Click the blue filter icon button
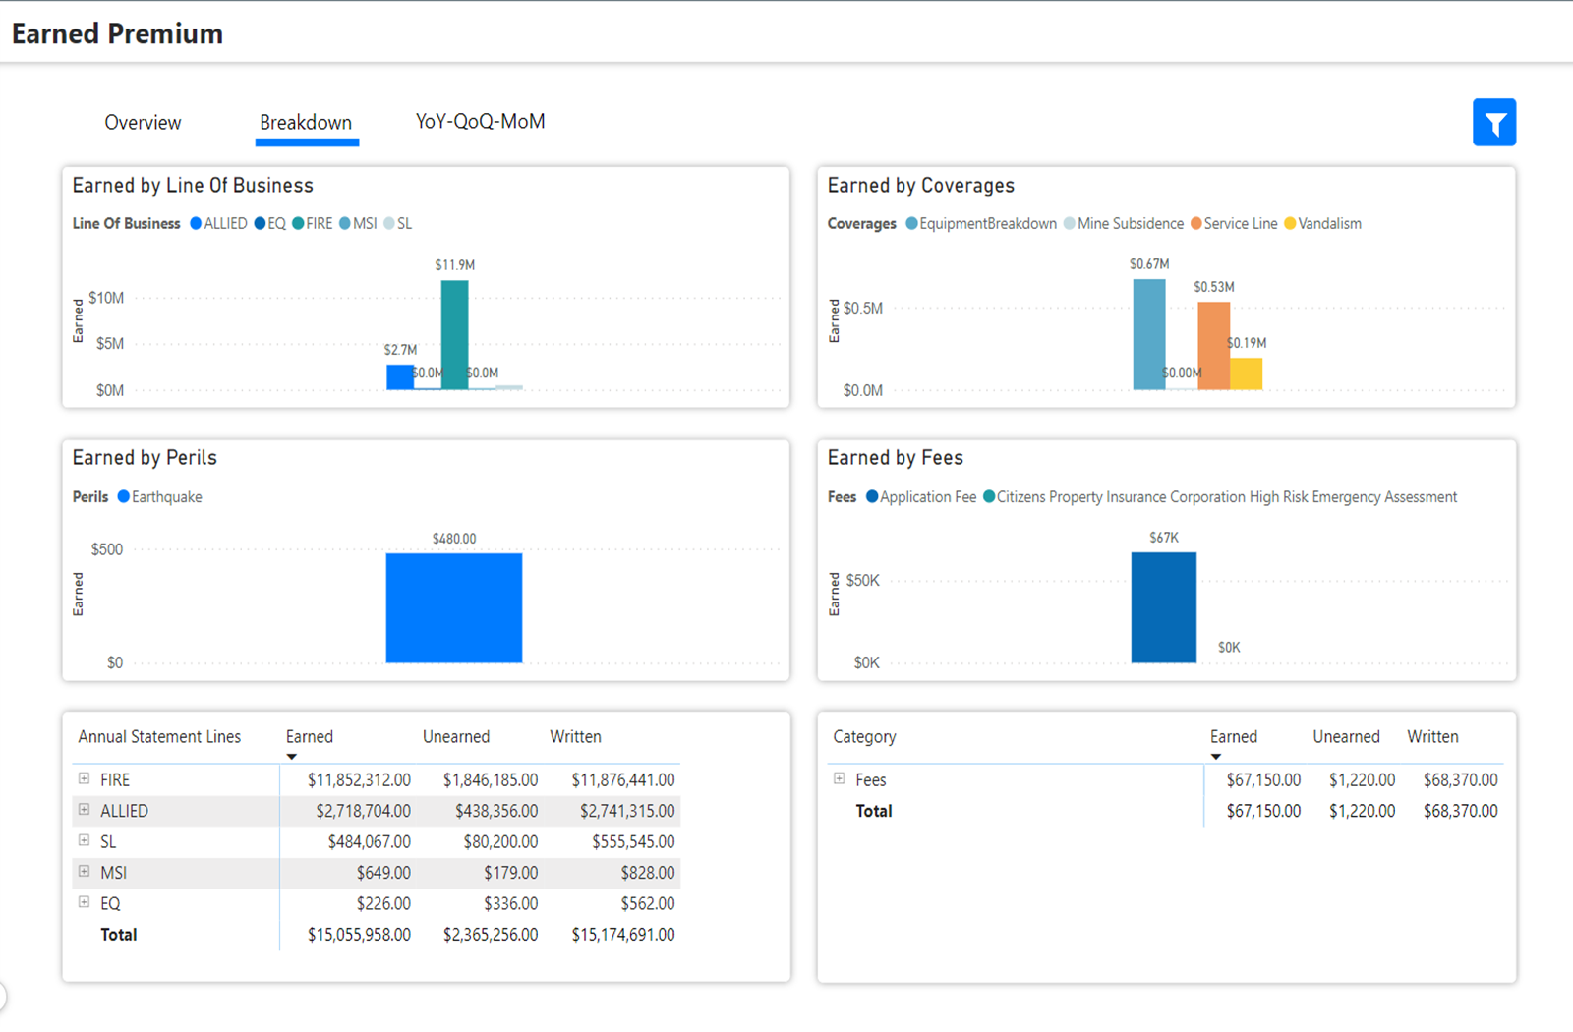(x=1493, y=123)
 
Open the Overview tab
(x=143, y=123)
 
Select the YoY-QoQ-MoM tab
(x=480, y=122)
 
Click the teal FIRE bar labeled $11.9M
(x=454, y=334)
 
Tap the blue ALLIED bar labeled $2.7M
(x=399, y=377)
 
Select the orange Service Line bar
(x=1213, y=346)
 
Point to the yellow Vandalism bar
(x=1247, y=373)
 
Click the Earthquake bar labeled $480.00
(x=453, y=607)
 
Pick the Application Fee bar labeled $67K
(x=1163, y=607)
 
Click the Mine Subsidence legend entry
(x=1130, y=224)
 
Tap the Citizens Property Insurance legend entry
(x=1226, y=497)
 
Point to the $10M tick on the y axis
(x=106, y=298)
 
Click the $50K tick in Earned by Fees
(x=862, y=581)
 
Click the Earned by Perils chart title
(x=145, y=458)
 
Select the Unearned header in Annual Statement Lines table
(x=455, y=737)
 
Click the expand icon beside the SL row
(x=84, y=841)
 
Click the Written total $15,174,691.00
(x=622, y=935)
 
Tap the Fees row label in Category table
(x=870, y=780)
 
